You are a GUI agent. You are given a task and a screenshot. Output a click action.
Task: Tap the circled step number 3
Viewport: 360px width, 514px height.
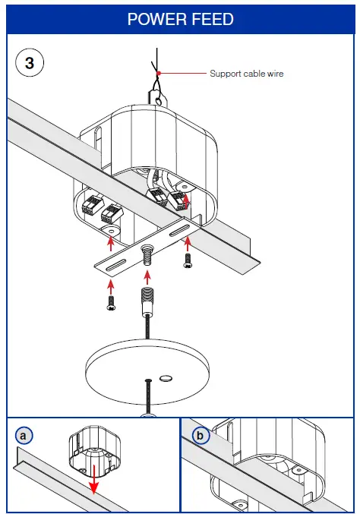pyautogui.click(x=29, y=63)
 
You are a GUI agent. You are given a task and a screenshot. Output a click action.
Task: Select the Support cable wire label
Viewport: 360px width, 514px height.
pyautogui.click(x=246, y=74)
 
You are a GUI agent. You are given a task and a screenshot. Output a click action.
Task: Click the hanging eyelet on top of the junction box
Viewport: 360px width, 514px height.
pyautogui.click(x=156, y=97)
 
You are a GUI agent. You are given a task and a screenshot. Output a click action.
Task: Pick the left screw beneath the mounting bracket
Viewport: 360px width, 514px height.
pyautogui.click(x=111, y=303)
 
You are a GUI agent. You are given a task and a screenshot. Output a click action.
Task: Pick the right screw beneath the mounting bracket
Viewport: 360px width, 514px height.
pyautogui.click(x=188, y=260)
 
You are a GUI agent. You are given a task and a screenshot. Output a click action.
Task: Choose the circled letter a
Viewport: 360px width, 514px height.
pyautogui.click(x=24, y=435)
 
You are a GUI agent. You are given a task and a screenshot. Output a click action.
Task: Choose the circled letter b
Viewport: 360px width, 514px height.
pyautogui.click(x=201, y=435)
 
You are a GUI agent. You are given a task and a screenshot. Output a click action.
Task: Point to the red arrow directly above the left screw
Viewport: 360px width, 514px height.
pyautogui.click(x=111, y=285)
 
